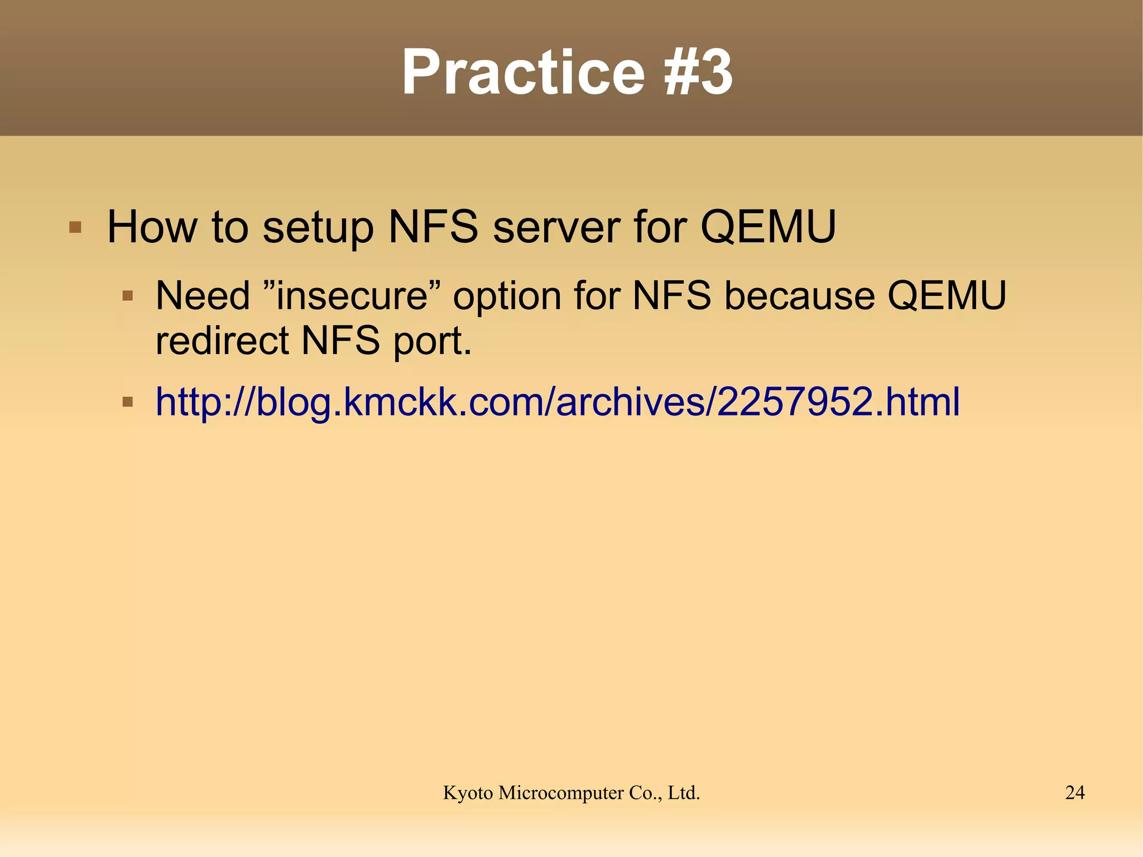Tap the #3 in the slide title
698,73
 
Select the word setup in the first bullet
318,228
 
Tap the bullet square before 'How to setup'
75,228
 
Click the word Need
203,295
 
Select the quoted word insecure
352,295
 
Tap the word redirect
222,341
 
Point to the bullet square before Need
128,295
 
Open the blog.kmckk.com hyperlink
558,402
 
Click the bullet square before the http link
128,402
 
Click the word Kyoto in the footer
468,793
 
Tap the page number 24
1075,793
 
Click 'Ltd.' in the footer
684,793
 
